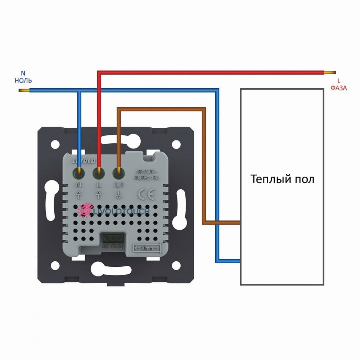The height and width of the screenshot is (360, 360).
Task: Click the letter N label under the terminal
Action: tap(79, 185)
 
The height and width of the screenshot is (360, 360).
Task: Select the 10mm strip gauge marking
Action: tap(148, 247)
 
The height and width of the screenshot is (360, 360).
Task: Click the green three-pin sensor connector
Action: tap(113, 239)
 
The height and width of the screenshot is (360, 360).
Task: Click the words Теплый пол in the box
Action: tap(282, 179)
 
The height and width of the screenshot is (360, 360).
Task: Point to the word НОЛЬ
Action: tap(23, 80)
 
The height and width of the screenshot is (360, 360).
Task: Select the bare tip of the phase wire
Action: tap(331, 72)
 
